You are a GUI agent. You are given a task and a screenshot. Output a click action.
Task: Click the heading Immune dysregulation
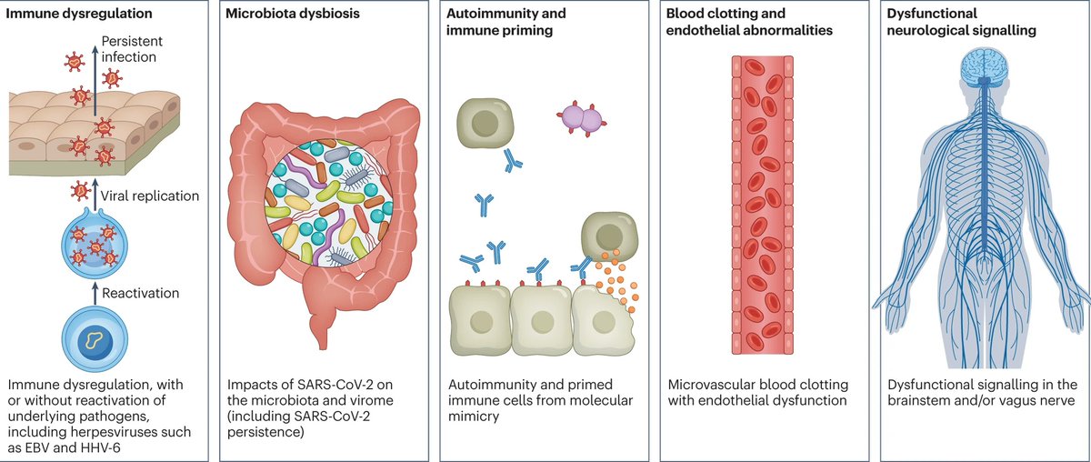[x=79, y=14]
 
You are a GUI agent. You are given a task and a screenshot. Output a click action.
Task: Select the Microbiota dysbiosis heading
[x=292, y=14]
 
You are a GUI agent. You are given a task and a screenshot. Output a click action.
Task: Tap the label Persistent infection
[x=132, y=49]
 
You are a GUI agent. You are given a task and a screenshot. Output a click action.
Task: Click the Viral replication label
[x=150, y=196]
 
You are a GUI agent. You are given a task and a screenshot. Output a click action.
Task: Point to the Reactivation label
[x=140, y=294]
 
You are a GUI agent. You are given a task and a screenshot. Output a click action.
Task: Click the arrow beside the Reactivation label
[x=95, y=294]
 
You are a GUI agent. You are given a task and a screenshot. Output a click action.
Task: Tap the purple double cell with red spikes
[x=582, y=118]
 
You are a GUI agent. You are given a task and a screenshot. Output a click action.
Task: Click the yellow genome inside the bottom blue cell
[x=94, y=339]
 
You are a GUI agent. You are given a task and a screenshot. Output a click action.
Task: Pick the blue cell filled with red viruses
[x=95, y=242]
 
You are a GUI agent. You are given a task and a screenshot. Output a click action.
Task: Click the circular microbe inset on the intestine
[x=329, y=203]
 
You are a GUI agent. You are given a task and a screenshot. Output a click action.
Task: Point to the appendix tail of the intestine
[x=321, y=331]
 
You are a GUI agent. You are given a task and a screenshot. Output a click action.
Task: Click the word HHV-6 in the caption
[x=99, y=447]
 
